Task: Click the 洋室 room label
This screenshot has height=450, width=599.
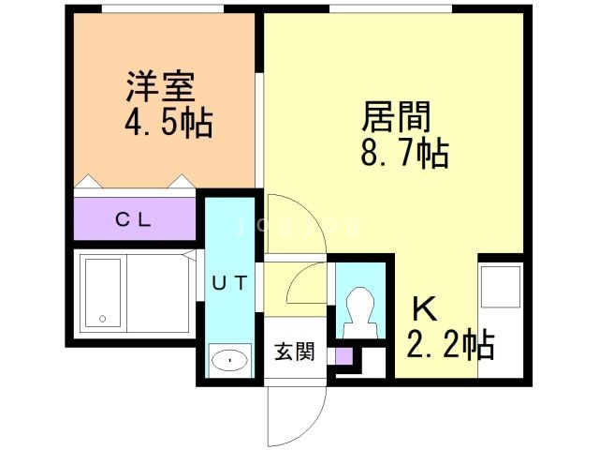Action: tap(160, 86)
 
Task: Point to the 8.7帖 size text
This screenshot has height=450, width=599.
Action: tap(403, 152)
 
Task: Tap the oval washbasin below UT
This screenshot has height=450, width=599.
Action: tap(229, 358)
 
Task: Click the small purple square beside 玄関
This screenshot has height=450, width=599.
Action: tap(343, 356)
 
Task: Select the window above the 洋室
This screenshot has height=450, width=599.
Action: tap(162, 8)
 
